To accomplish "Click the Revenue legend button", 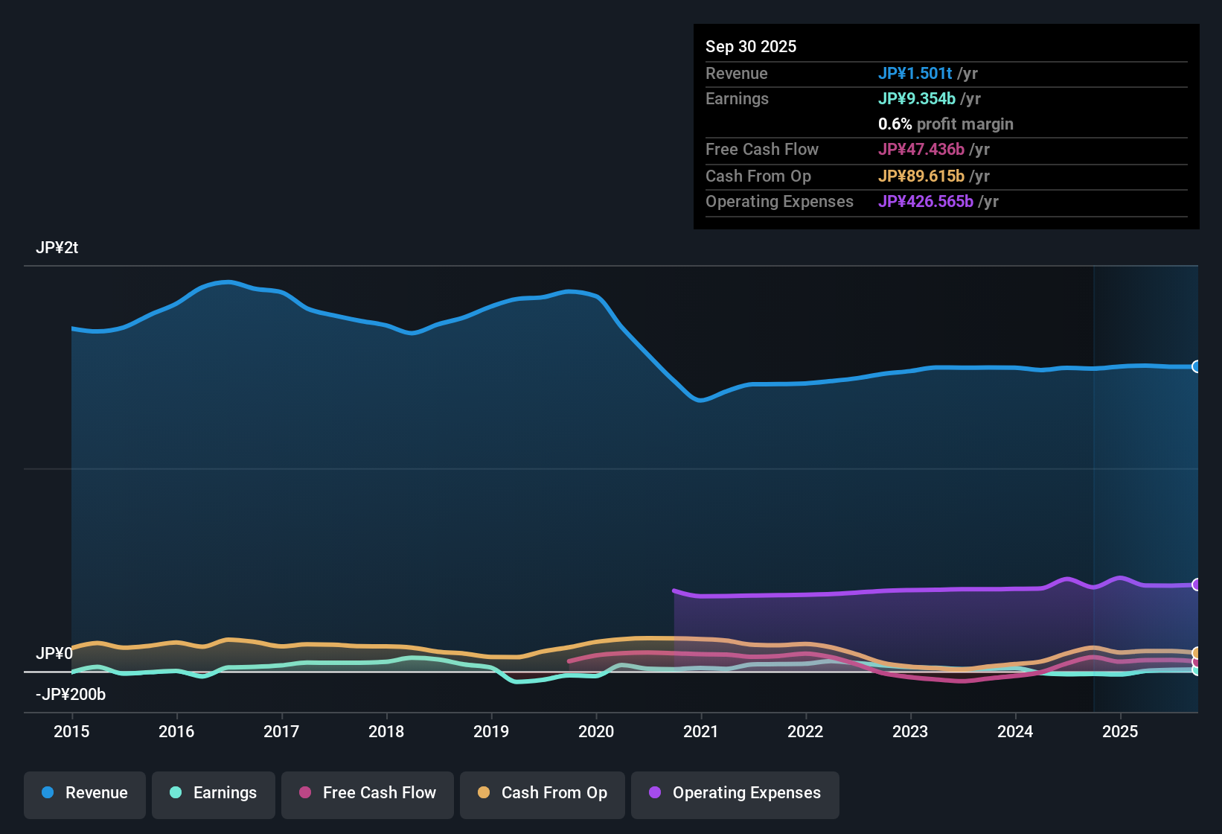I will [85, 793].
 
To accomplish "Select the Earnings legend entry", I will [214, 793].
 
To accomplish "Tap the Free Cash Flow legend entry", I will [368, 793].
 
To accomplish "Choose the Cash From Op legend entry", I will [543, 793].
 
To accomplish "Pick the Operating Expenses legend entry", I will [735, 793].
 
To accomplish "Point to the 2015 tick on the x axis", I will [71, 731].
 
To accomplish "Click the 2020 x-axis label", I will [596, 731].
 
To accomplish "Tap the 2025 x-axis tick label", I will [1120, 731].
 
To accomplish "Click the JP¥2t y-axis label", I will [57, 248].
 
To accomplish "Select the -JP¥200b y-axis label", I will [71, 694].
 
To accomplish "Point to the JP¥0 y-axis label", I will [54, 653].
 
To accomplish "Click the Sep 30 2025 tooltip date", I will [751, 46].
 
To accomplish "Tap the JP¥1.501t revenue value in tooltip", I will [915, 73].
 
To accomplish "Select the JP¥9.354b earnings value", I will [916, 98].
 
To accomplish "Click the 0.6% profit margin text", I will [945, 124].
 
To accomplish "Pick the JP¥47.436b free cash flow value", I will [921, 149].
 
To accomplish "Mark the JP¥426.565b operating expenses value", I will [925, 201].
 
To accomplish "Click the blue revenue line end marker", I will [1196, 366].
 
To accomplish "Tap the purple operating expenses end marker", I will [1196, 585].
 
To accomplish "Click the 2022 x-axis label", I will [805, 731].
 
